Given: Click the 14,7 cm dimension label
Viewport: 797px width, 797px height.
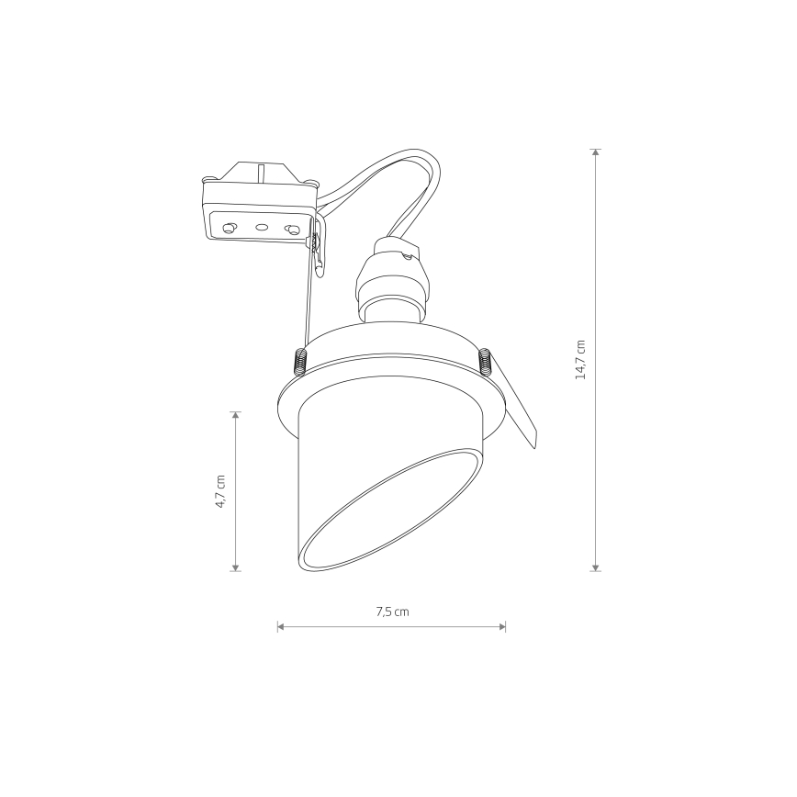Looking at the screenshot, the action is pyautogui.click(x=580, y=360).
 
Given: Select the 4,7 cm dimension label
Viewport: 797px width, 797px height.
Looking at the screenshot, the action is pyautogui.click(x=220, y=491).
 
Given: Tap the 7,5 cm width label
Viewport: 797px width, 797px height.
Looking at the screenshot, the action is pyautogui.click(x=392, y=612).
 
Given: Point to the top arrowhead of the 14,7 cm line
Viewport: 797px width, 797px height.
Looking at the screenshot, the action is pyautogui.click(x=596, y=152).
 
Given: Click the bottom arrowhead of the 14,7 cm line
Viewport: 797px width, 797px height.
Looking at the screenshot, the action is pyautogui.click(x=596, y=567).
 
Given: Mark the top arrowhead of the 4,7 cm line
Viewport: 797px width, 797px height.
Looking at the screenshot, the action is pyautogui.click(x=235, y=415).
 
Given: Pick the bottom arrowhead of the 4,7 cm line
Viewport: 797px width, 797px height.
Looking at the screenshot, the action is pyautogui.click(x=235, y=567).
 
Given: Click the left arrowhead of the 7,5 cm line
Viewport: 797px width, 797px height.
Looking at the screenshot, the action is pyautogui.click(x=281, y=626).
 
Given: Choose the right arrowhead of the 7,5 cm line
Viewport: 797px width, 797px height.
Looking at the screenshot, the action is pyautogui.click(x=502, y=626).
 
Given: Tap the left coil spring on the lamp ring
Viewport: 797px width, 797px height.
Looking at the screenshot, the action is pyautogui.click(x=300, y=362).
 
